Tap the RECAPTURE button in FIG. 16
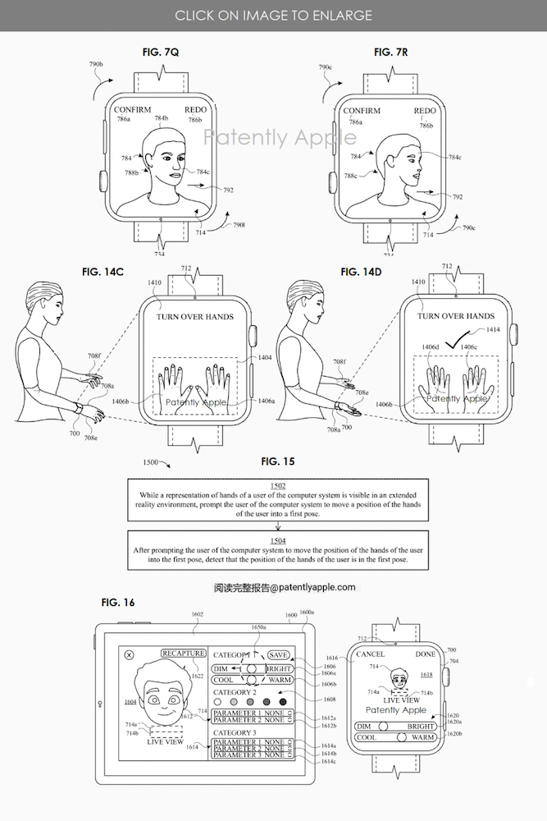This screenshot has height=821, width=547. pyautogui.click(x=183, y=654)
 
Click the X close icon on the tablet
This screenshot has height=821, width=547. pyautogui.click(x=129, y=655)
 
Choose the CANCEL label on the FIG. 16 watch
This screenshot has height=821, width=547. pyautogui.click(x=371, y=654)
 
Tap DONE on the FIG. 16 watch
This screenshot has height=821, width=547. pyautogui.click(x=426, y=654)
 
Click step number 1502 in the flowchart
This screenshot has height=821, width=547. pyautogui.click(x=278, y=486)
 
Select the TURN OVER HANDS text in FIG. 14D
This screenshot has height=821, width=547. pyautogui.click(x=455, y=316)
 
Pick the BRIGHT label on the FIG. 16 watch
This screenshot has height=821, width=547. pyautogui.click(x=421, y=727)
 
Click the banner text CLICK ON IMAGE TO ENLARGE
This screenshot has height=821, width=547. pyautogui.click(x=273, y=15)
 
